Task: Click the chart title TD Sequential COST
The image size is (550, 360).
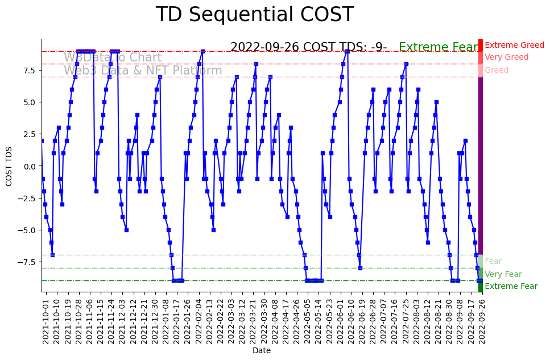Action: (254, 15)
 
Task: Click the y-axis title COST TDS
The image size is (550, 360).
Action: (9, 166)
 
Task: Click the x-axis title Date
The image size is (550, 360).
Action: (262, 351)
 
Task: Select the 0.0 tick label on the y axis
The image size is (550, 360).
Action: (30, 166)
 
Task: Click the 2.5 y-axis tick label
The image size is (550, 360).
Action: (30, 134)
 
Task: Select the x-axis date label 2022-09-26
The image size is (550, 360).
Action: (481, 320)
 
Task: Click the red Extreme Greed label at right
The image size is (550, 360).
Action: (514, 45)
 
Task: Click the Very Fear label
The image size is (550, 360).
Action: (503, 274)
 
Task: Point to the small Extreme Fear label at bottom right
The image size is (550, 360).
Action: (511, 287)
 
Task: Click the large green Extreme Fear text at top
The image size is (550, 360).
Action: (439, 48)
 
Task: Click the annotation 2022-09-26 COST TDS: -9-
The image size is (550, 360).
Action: (308, 48)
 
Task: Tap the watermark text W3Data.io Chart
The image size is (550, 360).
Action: (113, 58)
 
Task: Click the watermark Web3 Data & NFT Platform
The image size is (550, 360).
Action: (143, 71)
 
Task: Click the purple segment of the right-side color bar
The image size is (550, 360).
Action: (481, 165)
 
